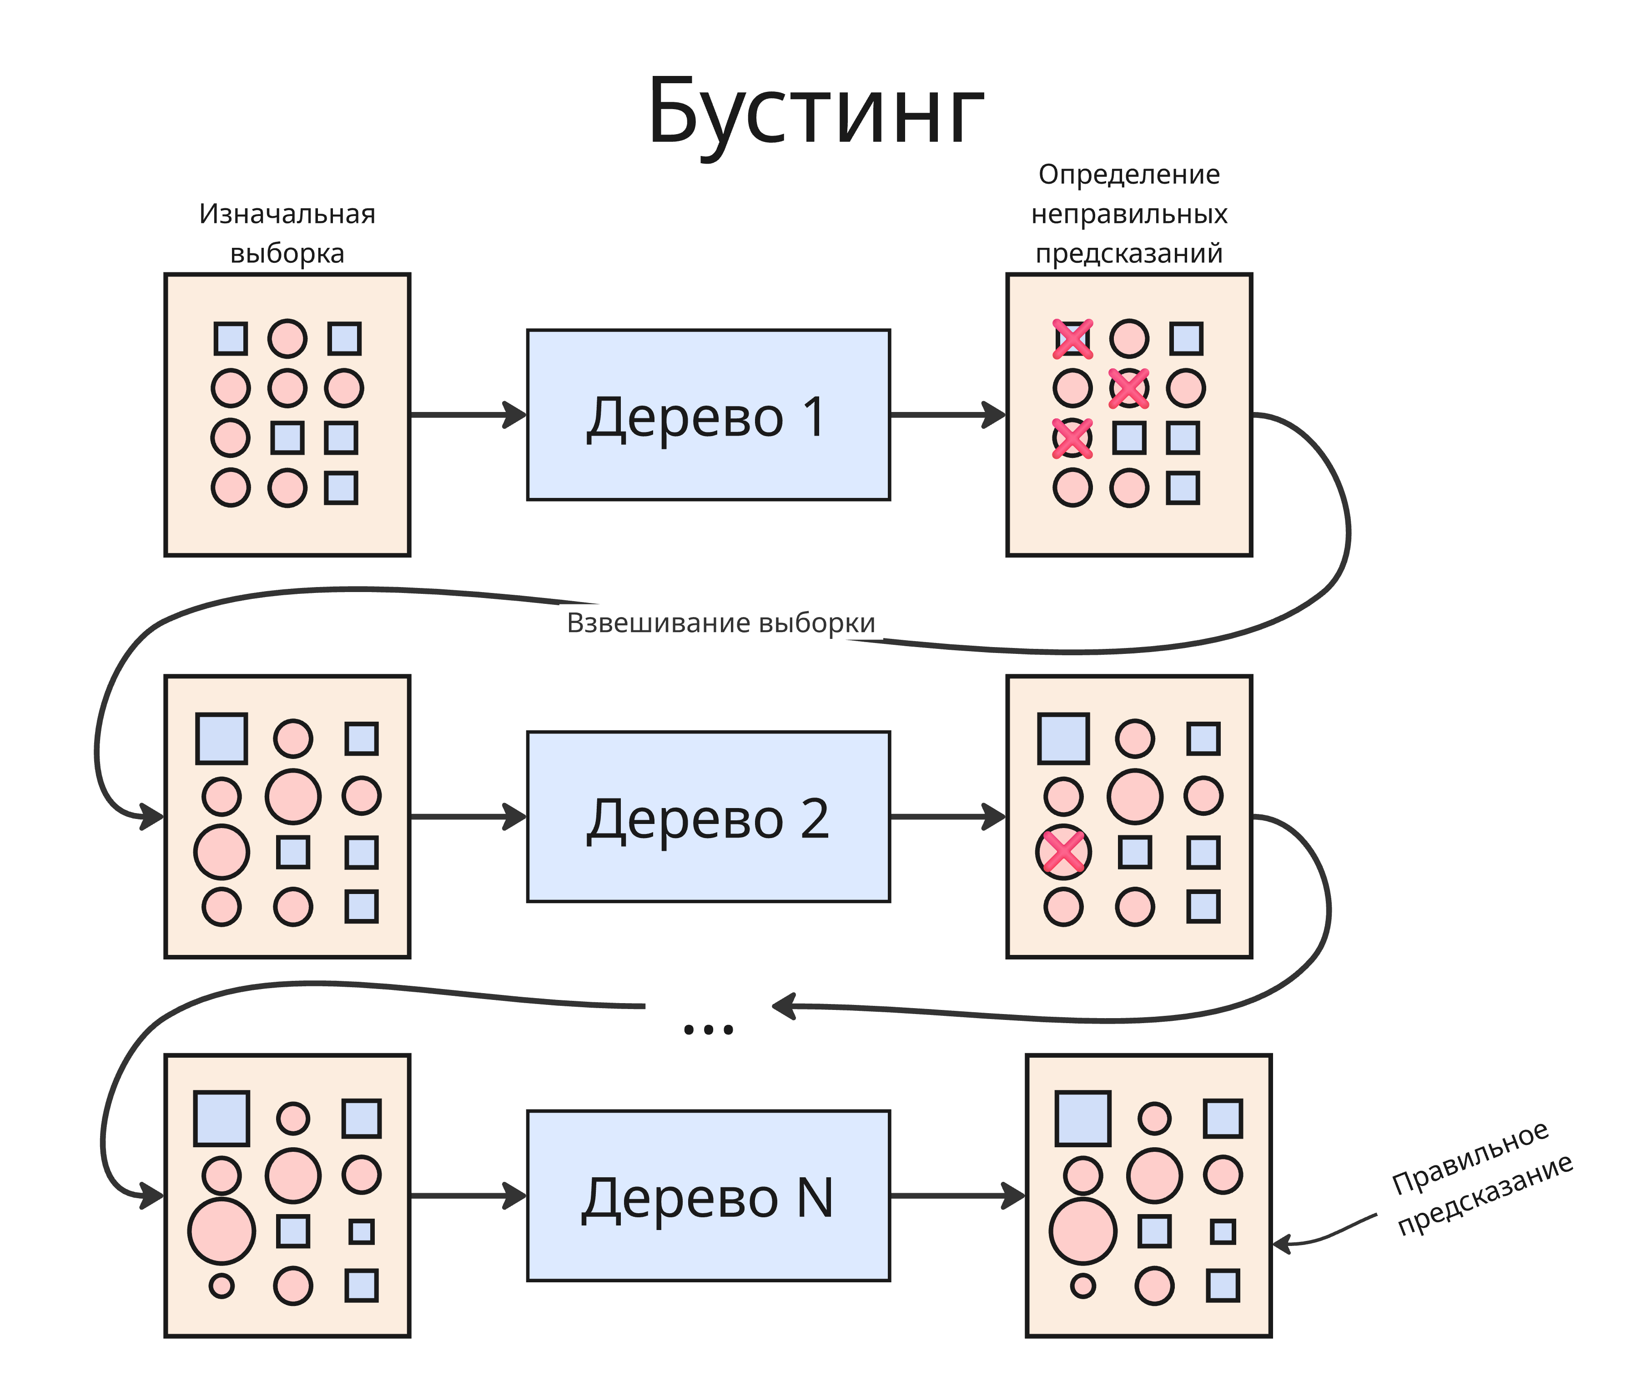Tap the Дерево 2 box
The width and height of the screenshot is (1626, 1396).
pyautogui.click(x=708, y=816)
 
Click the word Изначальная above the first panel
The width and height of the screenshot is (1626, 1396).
pyautogui.click(x=287, y=213)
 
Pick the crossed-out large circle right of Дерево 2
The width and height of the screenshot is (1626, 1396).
pyautogui.click(x=1063, y=852)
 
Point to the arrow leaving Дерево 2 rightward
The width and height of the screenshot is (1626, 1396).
pyautogui.click(x=947, y=816)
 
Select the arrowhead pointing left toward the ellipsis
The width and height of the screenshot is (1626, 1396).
pyautogui.click(x=785, y=1005)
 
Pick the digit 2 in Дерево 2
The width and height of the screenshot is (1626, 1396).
pyautogui.click(x=815, y=819)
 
